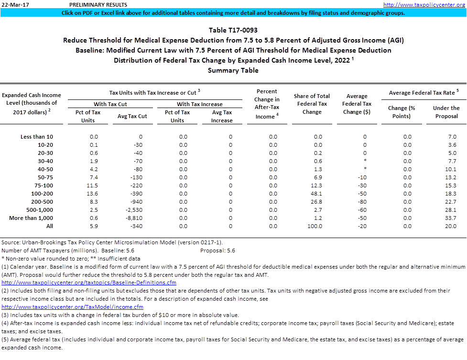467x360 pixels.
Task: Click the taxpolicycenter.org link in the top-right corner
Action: click(424, 5)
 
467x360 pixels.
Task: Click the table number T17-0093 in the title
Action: click(233, 31)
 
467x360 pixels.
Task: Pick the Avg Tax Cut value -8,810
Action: click(137, 218)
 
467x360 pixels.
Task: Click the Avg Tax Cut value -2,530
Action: click(137, 210)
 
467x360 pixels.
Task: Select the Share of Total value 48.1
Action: click(318, 194)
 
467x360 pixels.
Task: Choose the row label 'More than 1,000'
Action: click(31, 218)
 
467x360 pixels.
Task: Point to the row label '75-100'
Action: click(44, 185)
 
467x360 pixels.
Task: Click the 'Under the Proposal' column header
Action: click(446, 112)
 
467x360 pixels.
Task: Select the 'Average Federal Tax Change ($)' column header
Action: click(357, 104)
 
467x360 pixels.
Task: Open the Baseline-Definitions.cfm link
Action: click(89, 283)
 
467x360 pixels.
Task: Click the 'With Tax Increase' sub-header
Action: click(199, 104)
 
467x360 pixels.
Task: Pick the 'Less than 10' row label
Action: click(37, 137)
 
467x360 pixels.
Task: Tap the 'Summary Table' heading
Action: click(233, 71)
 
